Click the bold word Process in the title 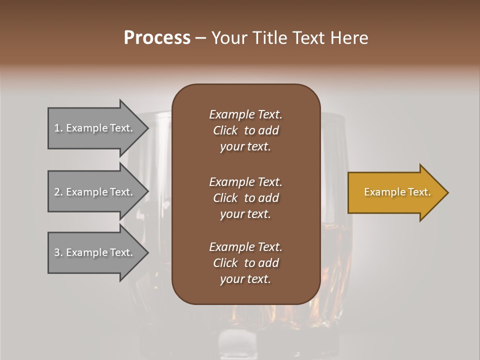tap(157, 38)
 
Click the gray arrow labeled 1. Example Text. tap(95, 128)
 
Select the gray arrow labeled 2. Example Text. tap(95, 192)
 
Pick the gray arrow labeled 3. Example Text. tap(95, 252)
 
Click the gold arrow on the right tap(395, 192)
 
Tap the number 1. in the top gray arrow tap(58, 128)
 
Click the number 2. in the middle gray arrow tap(58, 192)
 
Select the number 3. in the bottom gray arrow tap(58, 252)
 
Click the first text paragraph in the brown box tap(245, 130)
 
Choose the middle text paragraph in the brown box tap(245, 198)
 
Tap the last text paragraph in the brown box tap(245, 263)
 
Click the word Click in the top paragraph tap(225, 130)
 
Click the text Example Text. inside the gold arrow tap(397, 192)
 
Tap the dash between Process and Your tap(200, 38)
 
